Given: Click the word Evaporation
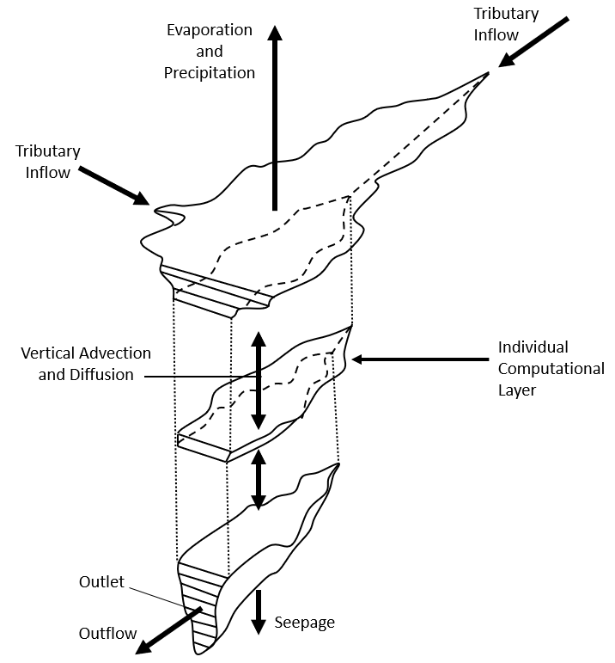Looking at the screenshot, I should [210, 31].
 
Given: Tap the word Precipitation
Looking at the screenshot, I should [210, 73].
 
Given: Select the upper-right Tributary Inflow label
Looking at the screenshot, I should [508, 24].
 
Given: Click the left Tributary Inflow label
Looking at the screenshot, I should [48, 161].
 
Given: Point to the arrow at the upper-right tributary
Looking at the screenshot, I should [534, 41].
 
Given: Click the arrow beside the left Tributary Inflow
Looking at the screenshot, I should [113, 185].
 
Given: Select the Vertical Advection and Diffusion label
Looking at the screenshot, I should [87, 364].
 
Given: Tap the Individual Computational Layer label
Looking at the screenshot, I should [551, 369].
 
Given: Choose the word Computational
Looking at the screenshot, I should [551, 369].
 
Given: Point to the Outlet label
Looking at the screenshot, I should [101, 582].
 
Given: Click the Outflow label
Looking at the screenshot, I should [107, 634].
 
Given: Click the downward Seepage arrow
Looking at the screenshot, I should [258, 612].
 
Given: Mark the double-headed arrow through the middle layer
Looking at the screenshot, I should [258, 381].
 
